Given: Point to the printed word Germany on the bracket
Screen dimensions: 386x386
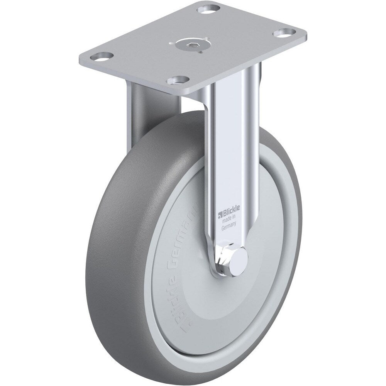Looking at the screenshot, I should (229, 228).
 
